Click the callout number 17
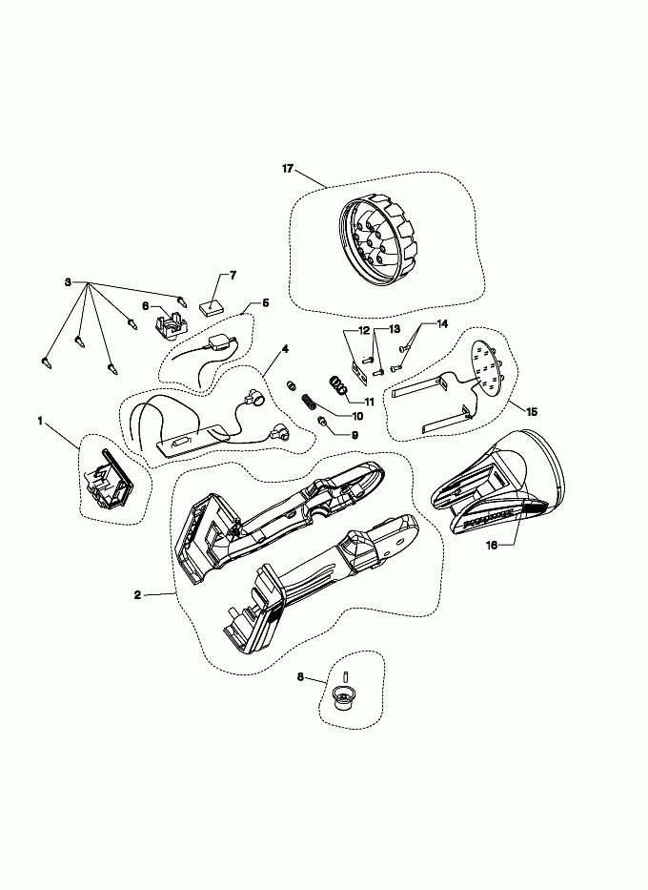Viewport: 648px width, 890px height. [288, 169]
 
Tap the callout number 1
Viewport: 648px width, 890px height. [40, 421]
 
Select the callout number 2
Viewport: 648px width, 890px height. [137, 595]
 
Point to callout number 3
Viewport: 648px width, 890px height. [68, 282]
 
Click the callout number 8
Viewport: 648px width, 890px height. [300, 676]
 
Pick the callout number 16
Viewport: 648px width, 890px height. [492, 545]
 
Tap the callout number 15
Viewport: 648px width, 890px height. [531, 411]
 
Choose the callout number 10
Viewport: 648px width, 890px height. [357, 416]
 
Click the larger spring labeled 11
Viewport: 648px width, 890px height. [338, 385]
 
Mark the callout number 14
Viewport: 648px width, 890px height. [441, 323]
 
